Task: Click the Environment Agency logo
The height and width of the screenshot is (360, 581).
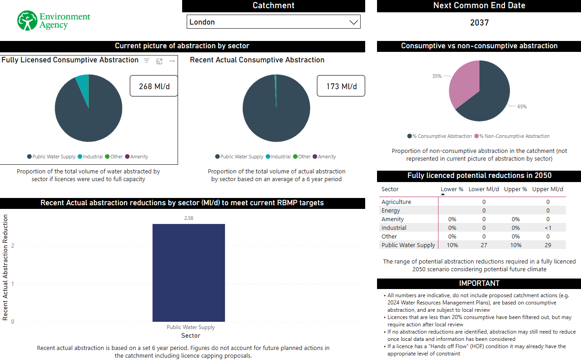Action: (54, 20)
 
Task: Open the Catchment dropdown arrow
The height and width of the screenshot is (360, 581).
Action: (353, 22)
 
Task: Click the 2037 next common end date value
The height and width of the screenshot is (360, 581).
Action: (479, 23)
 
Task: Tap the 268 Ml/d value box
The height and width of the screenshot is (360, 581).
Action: (154, 86)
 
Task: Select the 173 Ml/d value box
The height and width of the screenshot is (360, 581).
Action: (341, 86)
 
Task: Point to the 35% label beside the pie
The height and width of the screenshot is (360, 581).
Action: (437, 76)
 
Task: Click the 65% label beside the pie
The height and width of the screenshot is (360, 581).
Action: (522, 106)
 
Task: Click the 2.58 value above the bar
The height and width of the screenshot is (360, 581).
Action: (189, 218)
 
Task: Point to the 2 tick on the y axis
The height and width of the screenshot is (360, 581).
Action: (12, 246)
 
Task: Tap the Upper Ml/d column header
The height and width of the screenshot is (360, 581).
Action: (547, 189)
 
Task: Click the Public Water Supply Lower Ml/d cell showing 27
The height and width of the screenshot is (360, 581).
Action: (484, 245)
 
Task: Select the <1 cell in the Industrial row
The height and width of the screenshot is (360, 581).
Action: (548, 228)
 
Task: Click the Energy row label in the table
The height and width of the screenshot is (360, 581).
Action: (391, 210)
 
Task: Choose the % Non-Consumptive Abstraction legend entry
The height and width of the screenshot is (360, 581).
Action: (512, 136)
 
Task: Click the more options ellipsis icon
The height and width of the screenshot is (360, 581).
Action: (172, 61)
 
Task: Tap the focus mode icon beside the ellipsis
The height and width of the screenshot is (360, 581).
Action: (159, 61)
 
